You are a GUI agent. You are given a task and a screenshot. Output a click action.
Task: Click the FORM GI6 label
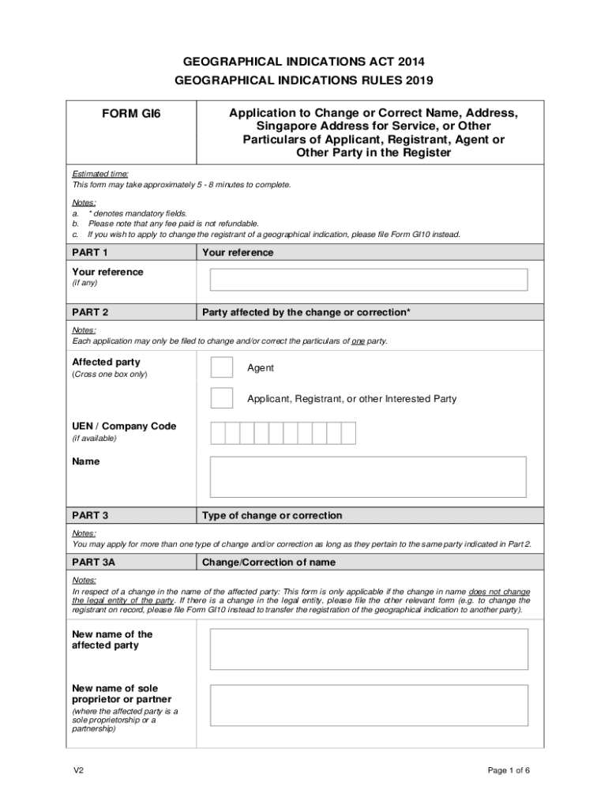click(x=130, y=114)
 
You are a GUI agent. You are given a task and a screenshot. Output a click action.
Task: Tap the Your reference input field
click(x=368, y=280)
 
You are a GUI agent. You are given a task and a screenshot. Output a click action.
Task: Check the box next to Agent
click(x=222, y=368)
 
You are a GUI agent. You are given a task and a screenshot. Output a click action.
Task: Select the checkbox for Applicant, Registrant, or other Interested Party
click(x=222, y=398)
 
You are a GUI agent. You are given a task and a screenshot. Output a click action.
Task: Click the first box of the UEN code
click(x=217, y=433)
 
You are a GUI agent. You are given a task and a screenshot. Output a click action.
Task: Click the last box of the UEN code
click(x=348, y=433)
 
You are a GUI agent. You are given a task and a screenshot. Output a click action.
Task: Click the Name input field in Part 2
click(x=368, y=476)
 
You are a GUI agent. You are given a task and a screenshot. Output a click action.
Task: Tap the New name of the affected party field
click(x=368, y=649)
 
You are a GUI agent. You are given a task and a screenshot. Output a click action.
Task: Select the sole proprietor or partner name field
click(x=368, y=705)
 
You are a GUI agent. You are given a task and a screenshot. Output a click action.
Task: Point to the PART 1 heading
click(x=90, y=253)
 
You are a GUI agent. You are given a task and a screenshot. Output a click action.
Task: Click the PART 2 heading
click(x=90, y=312)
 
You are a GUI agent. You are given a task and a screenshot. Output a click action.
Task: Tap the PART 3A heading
click(x=94, y=563)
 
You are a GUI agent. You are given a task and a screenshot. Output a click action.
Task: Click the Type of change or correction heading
click(x=272, y=516)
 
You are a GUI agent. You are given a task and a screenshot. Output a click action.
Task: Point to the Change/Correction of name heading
click(x=268, y=563)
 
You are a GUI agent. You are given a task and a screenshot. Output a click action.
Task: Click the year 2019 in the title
click(x=419, y=80)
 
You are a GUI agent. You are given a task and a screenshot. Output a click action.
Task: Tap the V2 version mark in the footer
click(x=78, y=771)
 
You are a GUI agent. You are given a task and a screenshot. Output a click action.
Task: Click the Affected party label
click(x=107, y=362)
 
